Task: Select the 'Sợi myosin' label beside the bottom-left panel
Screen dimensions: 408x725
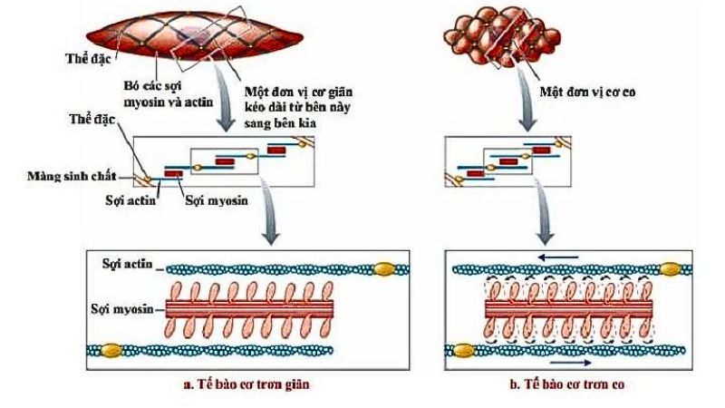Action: point(127,309)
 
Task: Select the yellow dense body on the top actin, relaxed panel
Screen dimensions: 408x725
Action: point(384,268)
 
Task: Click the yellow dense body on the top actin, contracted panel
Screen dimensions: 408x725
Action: point(672,268)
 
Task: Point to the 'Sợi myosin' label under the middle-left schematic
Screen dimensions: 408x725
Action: point(209,200)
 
